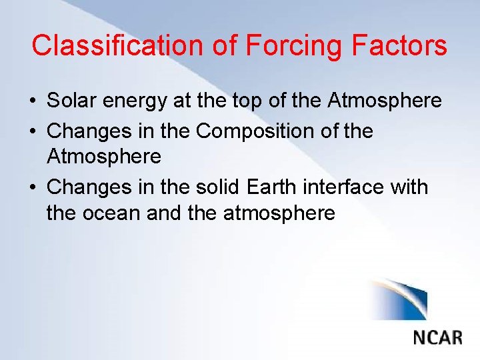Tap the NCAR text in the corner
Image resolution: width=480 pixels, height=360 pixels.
pos(437,336)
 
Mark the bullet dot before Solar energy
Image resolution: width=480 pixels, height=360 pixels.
pos(33,102)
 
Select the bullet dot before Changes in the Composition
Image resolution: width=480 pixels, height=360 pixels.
pos(33,132)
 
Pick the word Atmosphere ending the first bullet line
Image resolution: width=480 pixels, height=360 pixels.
pos(385,101)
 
